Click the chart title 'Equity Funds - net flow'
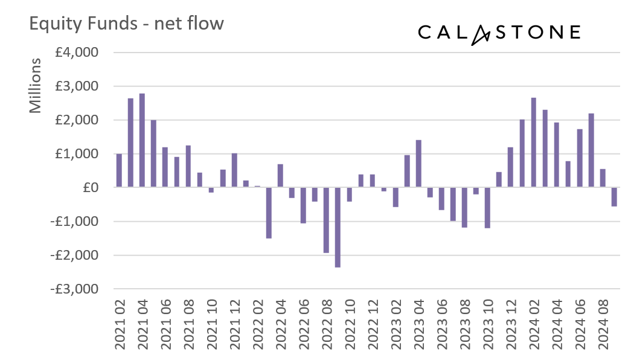point(126,24)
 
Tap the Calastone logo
point(499,33)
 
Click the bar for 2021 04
point(142,141)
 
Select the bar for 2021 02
point(119,171)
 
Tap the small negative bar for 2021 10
point(211,190)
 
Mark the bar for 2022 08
point(326,220)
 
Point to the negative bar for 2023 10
point(487,208)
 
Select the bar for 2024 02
point(534,143)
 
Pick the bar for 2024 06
point(580,158)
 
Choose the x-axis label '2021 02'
point(120,326)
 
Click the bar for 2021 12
point(234,170)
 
